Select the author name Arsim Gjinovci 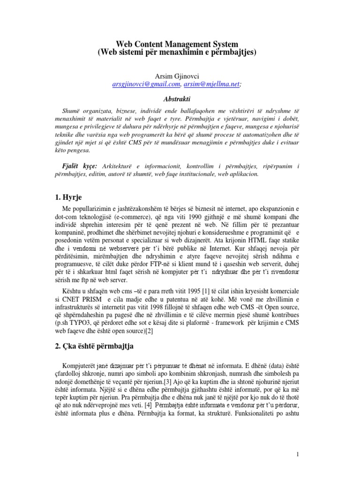click(177, 76)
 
